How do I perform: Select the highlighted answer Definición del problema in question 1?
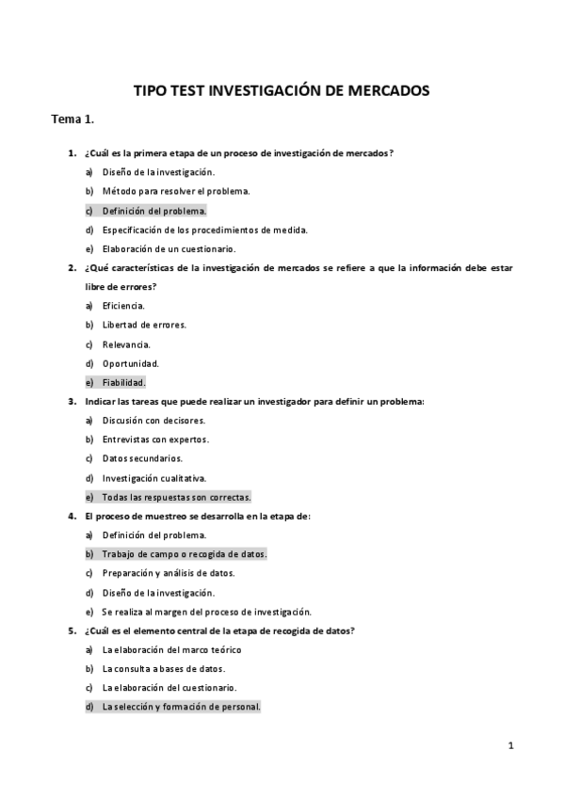point(153,211)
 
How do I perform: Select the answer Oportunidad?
point(131,363)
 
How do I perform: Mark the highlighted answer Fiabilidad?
point(124,383)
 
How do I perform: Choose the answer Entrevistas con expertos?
point(155,439)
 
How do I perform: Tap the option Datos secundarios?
point(142,458)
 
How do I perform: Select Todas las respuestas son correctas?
point(176,497)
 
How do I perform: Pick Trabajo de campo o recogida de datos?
point(184,554)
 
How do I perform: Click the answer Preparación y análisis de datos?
point(169,573)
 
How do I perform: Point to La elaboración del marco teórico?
point(171,649)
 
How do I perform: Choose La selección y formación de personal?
point(181,707)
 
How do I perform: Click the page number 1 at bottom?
point(510,747)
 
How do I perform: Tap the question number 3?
point(72,402)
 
